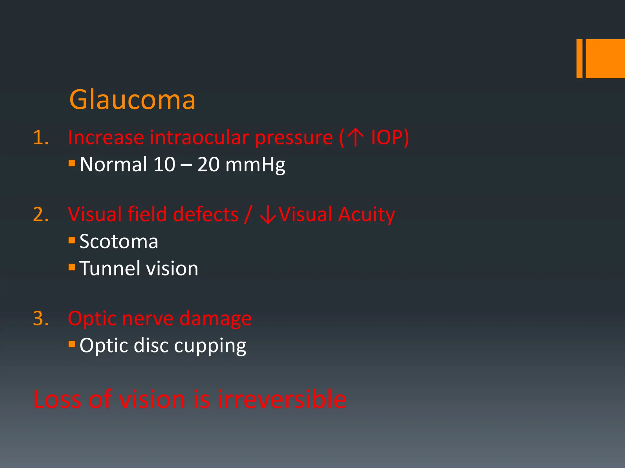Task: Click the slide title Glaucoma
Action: (x=132, y=100)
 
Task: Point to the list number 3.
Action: (x=41, y=319)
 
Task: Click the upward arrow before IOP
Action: (x=355, y=137)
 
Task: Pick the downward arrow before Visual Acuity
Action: (x=268, y=215)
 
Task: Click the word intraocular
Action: (x=200, y=137)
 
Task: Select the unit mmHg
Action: (x=255, y=165)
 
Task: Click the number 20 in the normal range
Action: (x=208, y=165)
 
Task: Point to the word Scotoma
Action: (x=119, y=242)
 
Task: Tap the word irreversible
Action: (x=282, y=399)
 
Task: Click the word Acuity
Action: (x=367, y=215)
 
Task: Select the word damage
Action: (x=215, y=319)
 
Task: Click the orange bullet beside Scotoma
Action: (x=72, y=240)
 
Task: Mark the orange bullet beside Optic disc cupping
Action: (x=72, y=344)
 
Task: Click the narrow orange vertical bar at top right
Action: (x=579, y=58)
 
